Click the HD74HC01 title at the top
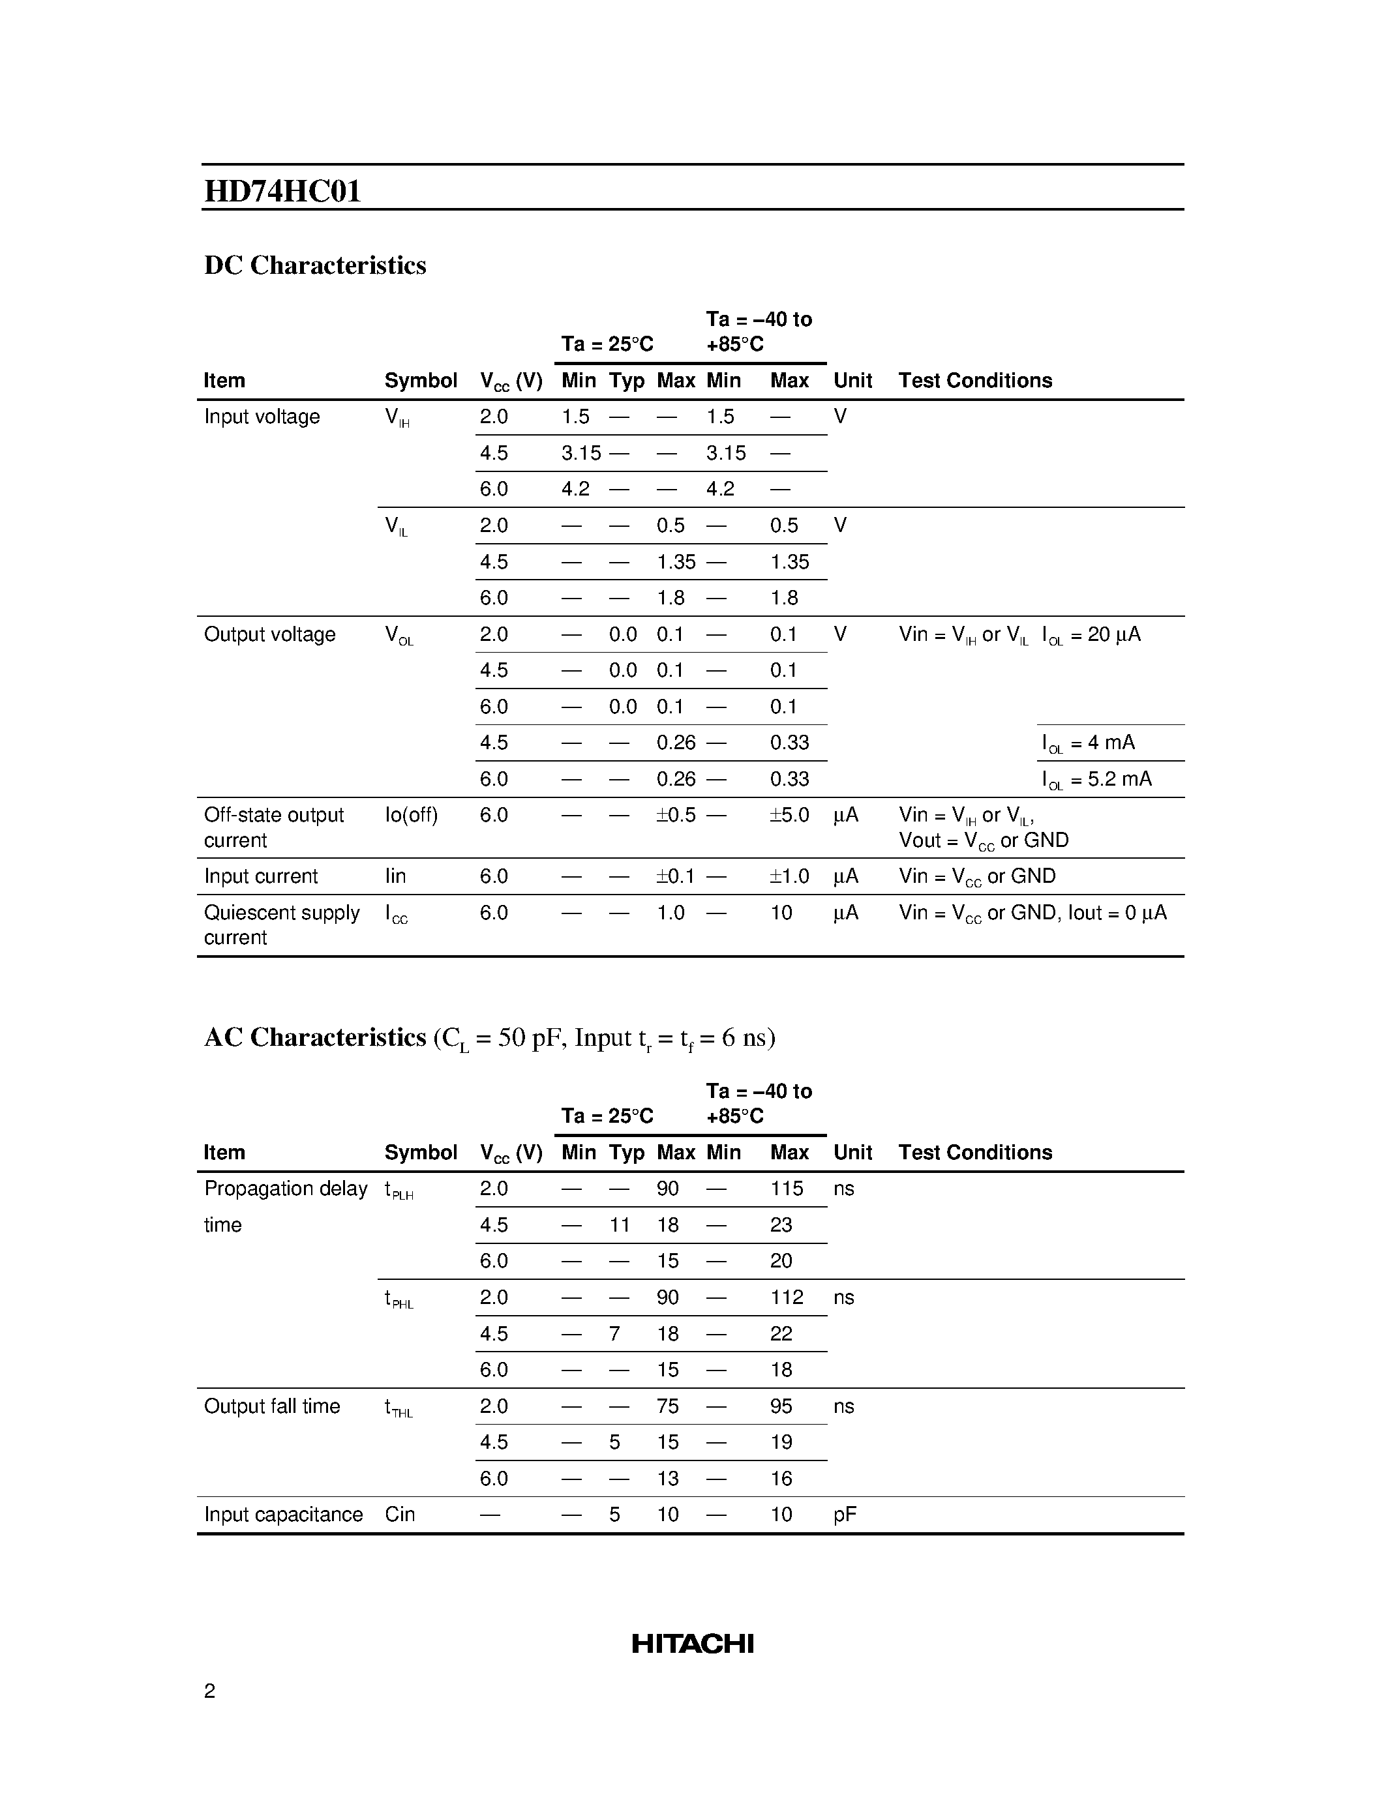coord(282,191)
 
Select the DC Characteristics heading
coord(314,265)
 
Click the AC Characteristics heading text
coord(314,1038)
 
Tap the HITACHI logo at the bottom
coord(692,1644)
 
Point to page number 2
coord(209,1691)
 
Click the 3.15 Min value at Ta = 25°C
coord(580,453)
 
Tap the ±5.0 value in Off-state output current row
coord(789,815)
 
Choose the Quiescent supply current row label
coord(282,925)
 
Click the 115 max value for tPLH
coord(787,1189)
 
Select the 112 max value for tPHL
coord(787,1298)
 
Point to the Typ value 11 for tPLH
coord(619,1225)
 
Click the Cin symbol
coord(400,1515)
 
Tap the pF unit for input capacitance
coord(844,1515)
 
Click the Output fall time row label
coord(272,1406)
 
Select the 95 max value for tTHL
coord(781,1406)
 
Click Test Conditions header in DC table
coord(974,381)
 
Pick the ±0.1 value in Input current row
coord(675,877)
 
